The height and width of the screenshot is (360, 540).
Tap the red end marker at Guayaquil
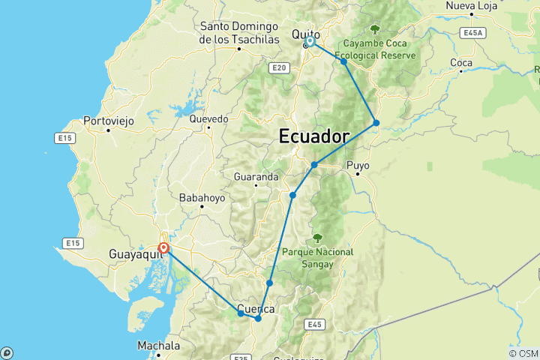click(x=163, y=249)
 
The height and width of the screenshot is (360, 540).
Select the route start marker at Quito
click(x=310, y=43)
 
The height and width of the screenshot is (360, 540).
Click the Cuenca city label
click(x=255, y=308)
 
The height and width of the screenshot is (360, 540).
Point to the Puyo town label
click(x=358, y=166)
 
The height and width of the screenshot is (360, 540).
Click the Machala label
click(x=159, y=346)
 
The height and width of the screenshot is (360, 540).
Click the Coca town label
click(x=460, y=62)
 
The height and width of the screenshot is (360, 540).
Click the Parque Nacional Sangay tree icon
click(x=317, y=238)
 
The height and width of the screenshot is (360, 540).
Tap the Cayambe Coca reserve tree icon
click(x=374, y=30)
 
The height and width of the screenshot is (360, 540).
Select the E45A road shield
click(x=472, y=33)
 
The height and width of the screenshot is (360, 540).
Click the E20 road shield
click(x=279, y=68)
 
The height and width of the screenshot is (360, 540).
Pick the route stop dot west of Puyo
click(x=314, y=165)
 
